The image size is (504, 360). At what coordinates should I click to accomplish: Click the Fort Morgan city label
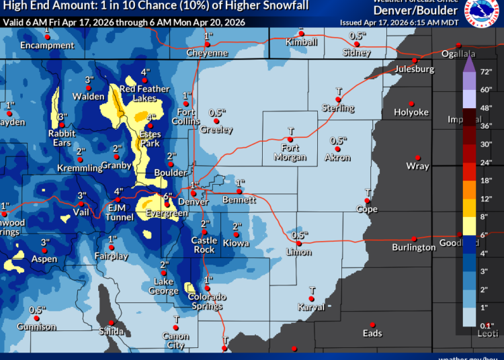[290, 152]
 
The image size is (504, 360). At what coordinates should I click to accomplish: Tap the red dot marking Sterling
[339, 99]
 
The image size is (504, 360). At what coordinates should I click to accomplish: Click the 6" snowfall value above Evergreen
[168, 196]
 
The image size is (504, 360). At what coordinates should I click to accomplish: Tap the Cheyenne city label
[208, 53]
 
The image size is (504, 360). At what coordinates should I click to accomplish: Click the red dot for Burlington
[414, 238]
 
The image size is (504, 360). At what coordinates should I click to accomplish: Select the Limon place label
[299, 252]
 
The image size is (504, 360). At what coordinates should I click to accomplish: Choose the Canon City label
[176, 341]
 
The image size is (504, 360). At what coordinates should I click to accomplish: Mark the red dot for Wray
[417, 156]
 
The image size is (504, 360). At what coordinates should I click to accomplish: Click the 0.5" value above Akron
[338, 140]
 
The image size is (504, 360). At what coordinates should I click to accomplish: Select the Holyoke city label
[411, 112]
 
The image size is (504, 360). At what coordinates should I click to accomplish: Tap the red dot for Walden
[89, 88]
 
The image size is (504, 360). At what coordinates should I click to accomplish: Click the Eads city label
[372, 333]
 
